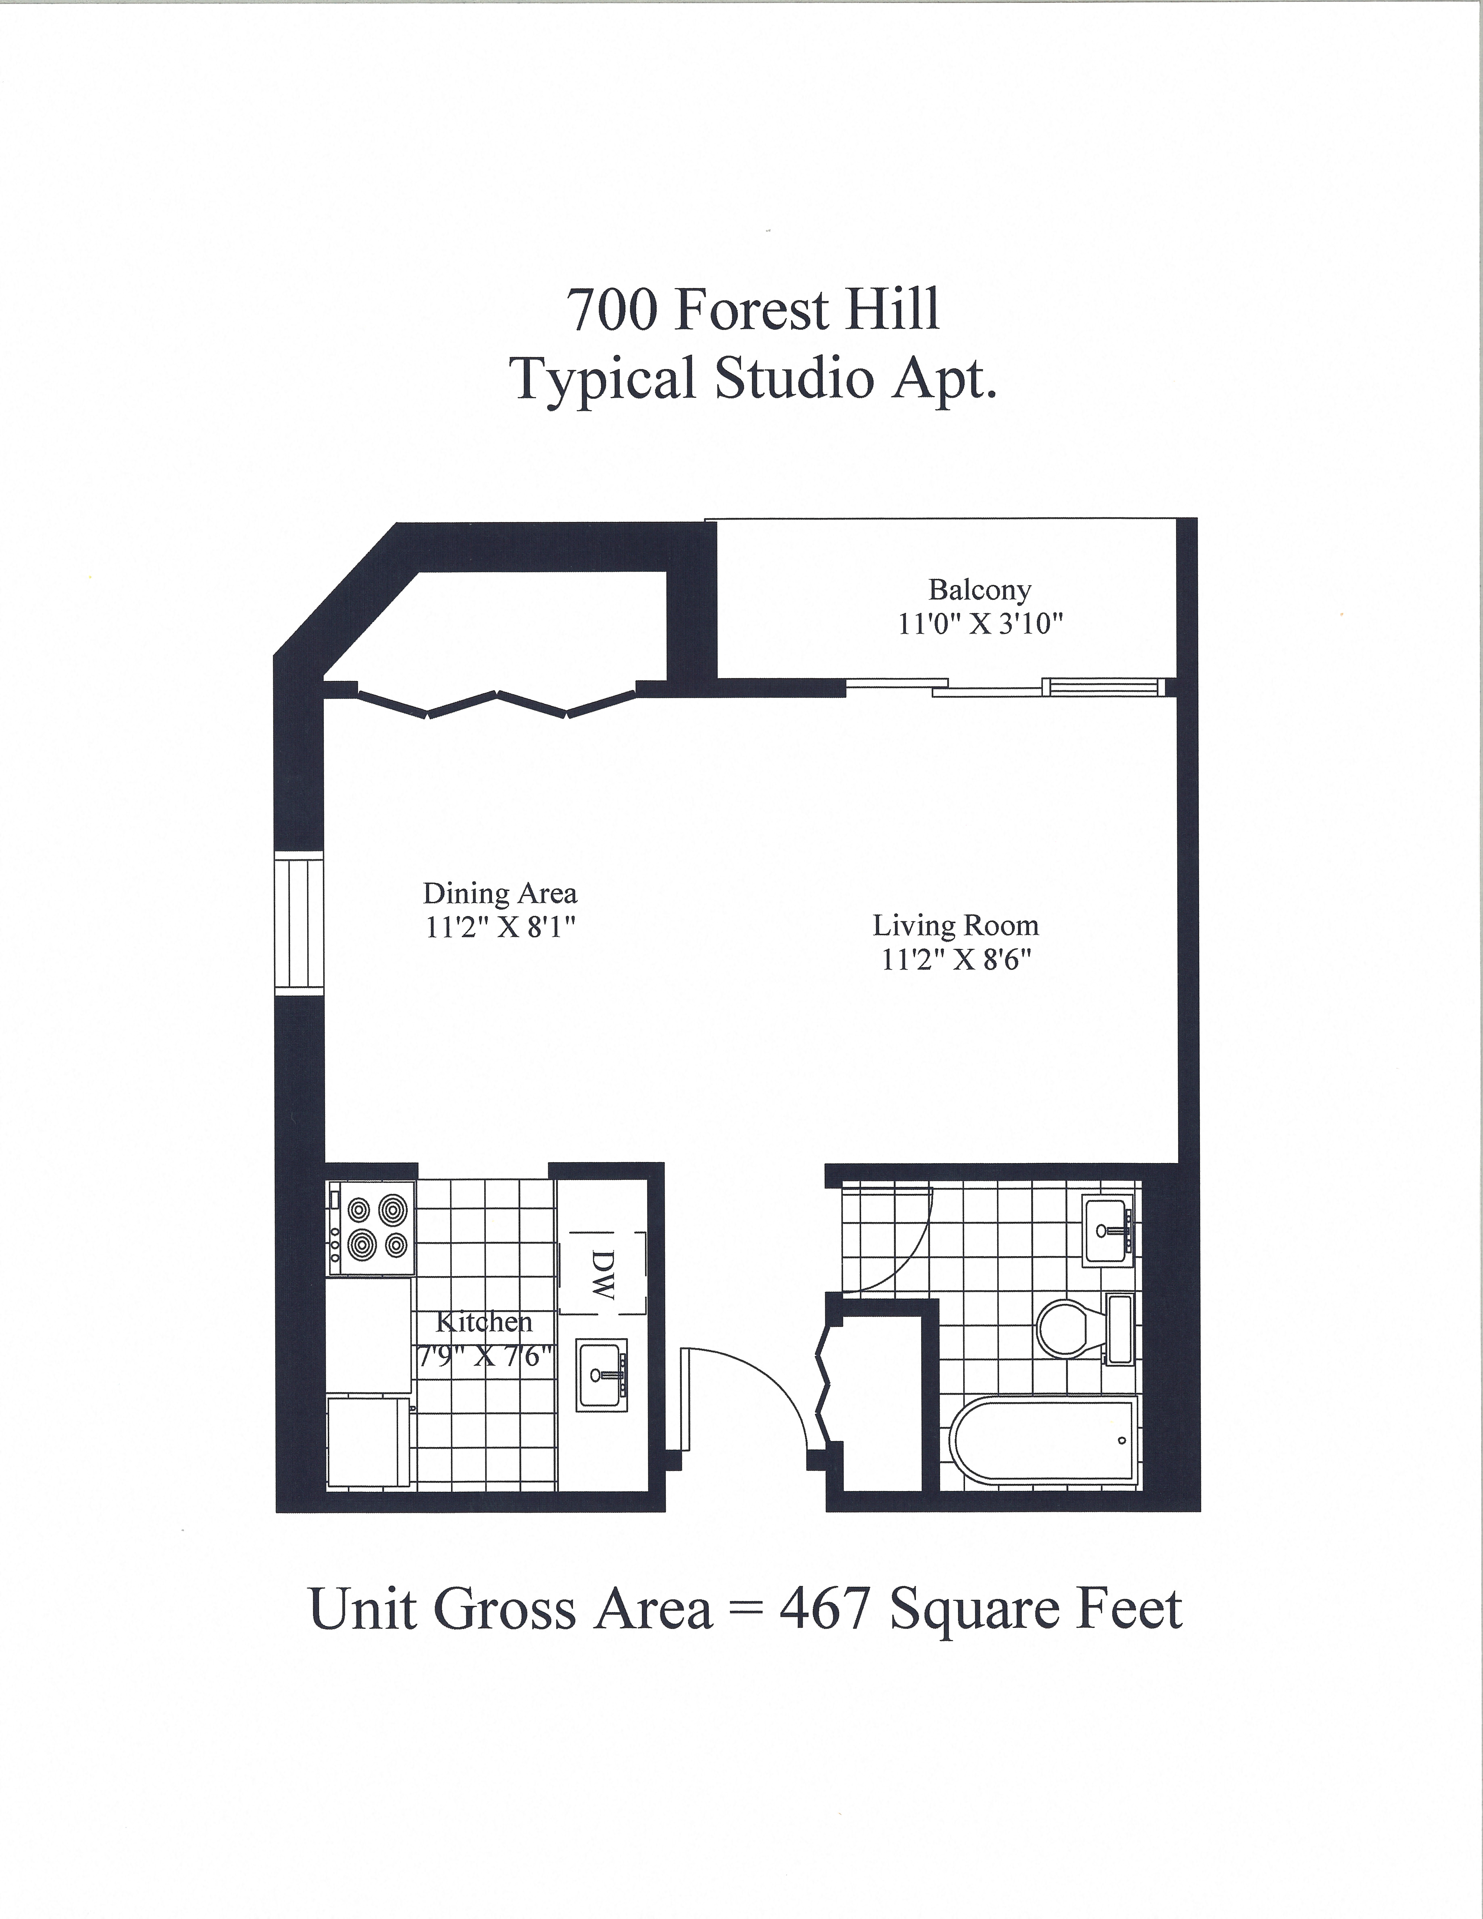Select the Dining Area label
[x=500, y=893]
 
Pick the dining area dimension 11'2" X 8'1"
[x=500, y=928]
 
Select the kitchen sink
[x=602, y=1375]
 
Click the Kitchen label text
[x=484, y=1322]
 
